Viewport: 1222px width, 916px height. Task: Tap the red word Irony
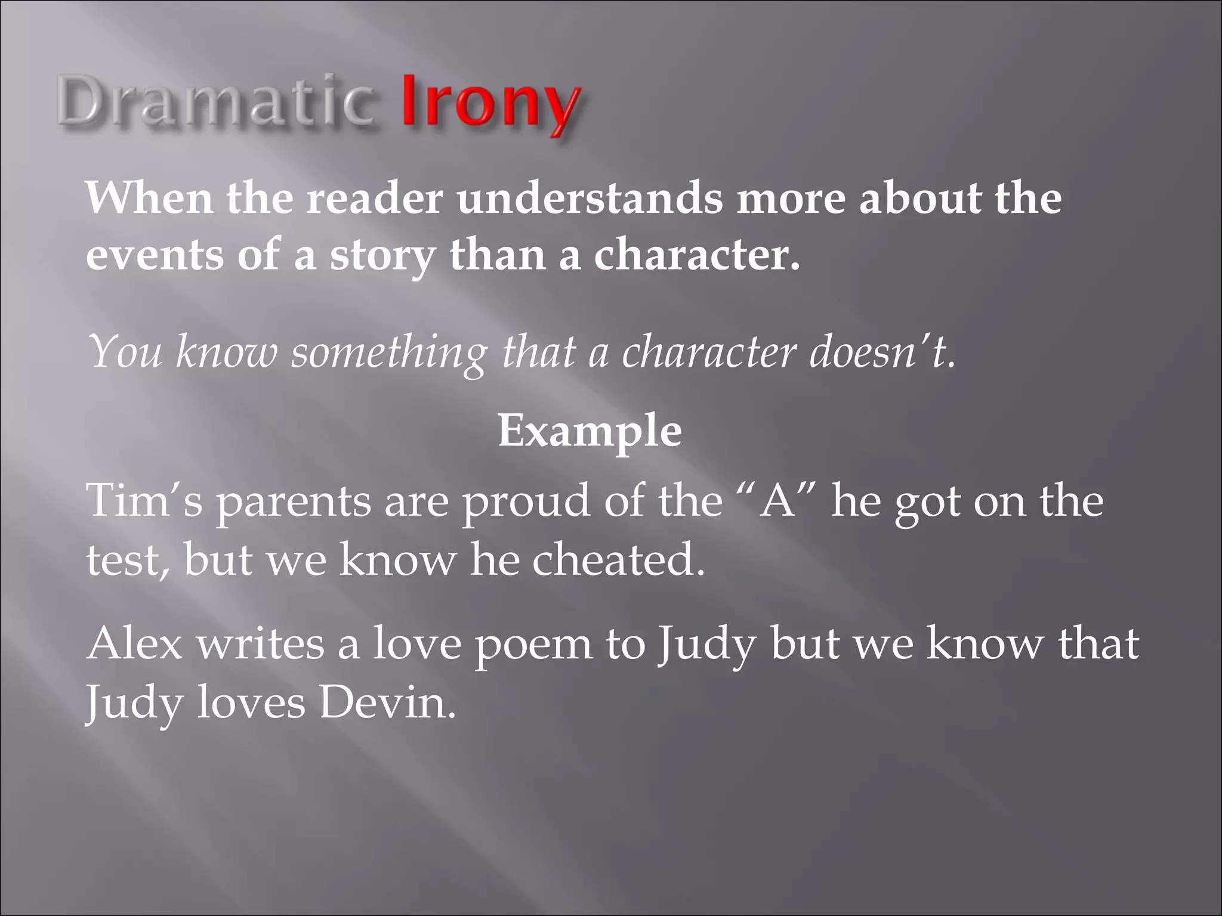click(489, 101)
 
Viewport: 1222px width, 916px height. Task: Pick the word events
click(155, 255)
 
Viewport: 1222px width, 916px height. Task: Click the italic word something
click(388, 353)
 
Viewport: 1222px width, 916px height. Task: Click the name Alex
click(134, 644)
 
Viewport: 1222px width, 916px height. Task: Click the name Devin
click(387, 703)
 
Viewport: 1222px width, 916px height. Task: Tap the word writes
click(261, 644)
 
